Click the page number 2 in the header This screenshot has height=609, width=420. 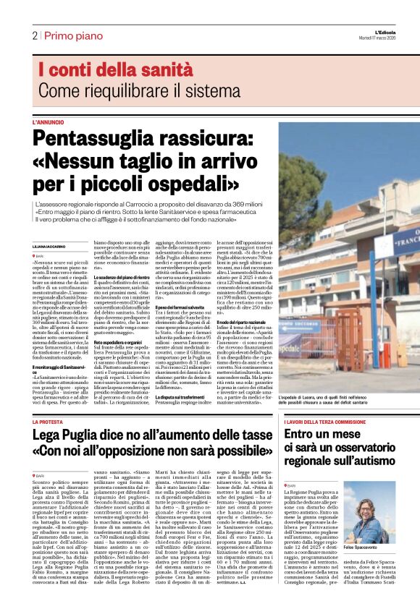(x=34, y=35)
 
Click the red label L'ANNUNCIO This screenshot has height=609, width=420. (x=48, y=122)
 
